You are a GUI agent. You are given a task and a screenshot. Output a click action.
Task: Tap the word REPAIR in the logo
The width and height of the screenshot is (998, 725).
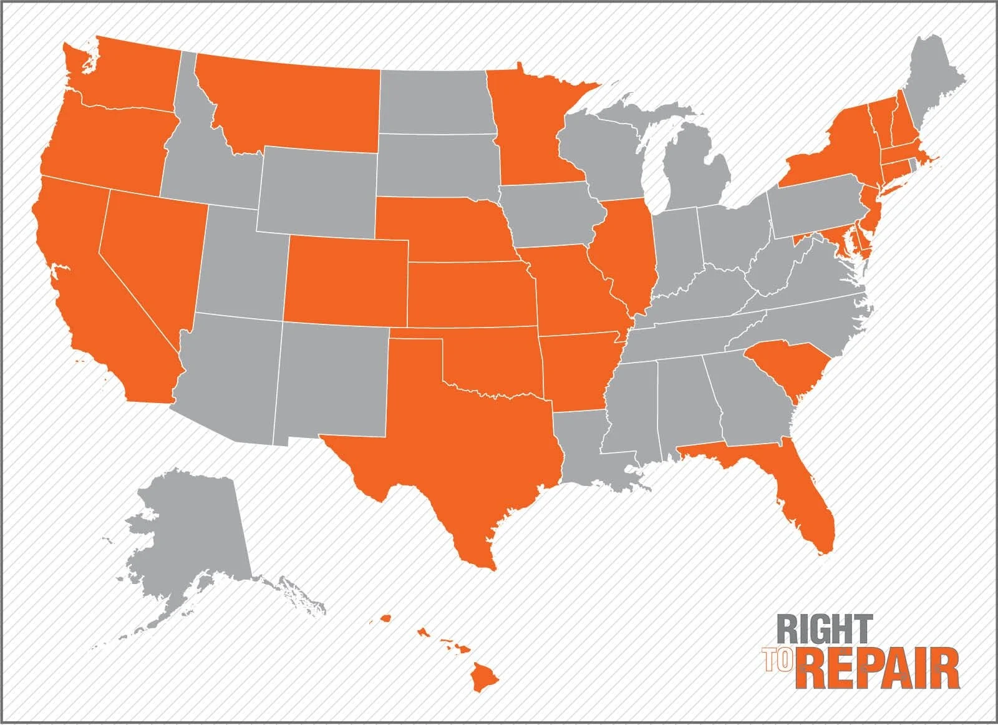click(x=879, y=669)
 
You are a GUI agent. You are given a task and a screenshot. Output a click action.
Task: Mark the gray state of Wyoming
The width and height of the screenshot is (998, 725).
click(x=318, y=187)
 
